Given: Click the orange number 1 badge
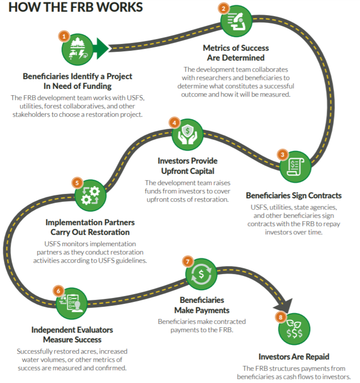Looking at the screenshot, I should coord(64,37).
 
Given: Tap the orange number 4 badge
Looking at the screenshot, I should coord(174,123).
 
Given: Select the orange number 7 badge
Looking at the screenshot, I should coord(188,262).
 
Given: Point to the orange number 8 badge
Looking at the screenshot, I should coord(281,317).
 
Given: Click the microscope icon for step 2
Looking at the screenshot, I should coord(237,22).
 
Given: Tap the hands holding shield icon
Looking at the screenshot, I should coord(187,135).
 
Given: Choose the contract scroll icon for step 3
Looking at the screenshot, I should coord(295,167).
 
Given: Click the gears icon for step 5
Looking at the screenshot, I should coord(90,196).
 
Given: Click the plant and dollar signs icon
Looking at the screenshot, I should coord(294,329).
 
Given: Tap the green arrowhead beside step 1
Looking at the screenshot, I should coord(102,48).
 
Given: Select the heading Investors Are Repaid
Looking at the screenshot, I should coord(294,357).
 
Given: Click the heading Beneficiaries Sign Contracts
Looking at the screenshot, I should coord(294,196).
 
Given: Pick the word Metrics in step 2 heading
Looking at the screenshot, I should coord(217,48).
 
